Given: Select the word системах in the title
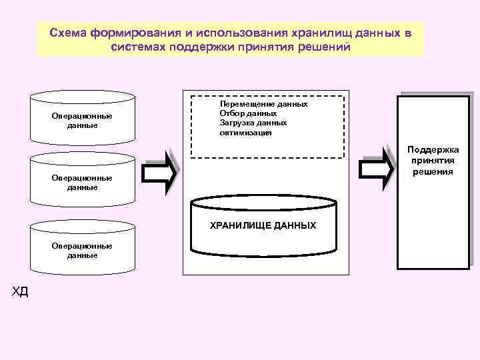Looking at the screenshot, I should (x=139, y=47).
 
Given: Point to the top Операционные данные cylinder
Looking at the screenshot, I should (x=83, y=119).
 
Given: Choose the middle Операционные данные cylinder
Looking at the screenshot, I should (x=83, y=181).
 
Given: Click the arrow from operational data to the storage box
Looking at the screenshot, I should (x=161, y=173).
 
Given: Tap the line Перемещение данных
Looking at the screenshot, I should (x=263, y=105).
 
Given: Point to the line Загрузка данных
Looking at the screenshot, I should (x=253, y=123).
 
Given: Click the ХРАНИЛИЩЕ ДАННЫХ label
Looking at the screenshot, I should (x=263, y=226).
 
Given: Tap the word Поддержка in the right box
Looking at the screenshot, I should (x=433, y=151).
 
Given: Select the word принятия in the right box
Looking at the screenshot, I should (x=433, y=161).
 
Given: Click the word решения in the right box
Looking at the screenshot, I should (x=433, y=171).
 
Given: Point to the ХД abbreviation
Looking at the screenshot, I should (x=20, y=291).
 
